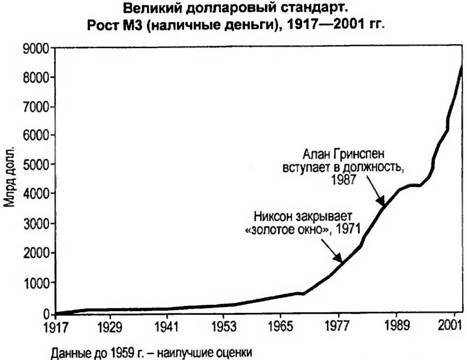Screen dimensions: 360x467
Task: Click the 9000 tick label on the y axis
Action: [x=37, y=49]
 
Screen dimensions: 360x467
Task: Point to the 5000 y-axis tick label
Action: [x=37, y=165]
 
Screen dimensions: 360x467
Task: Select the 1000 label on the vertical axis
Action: [x=37, y=283]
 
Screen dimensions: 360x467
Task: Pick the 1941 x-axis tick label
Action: [x=167, y=323]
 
